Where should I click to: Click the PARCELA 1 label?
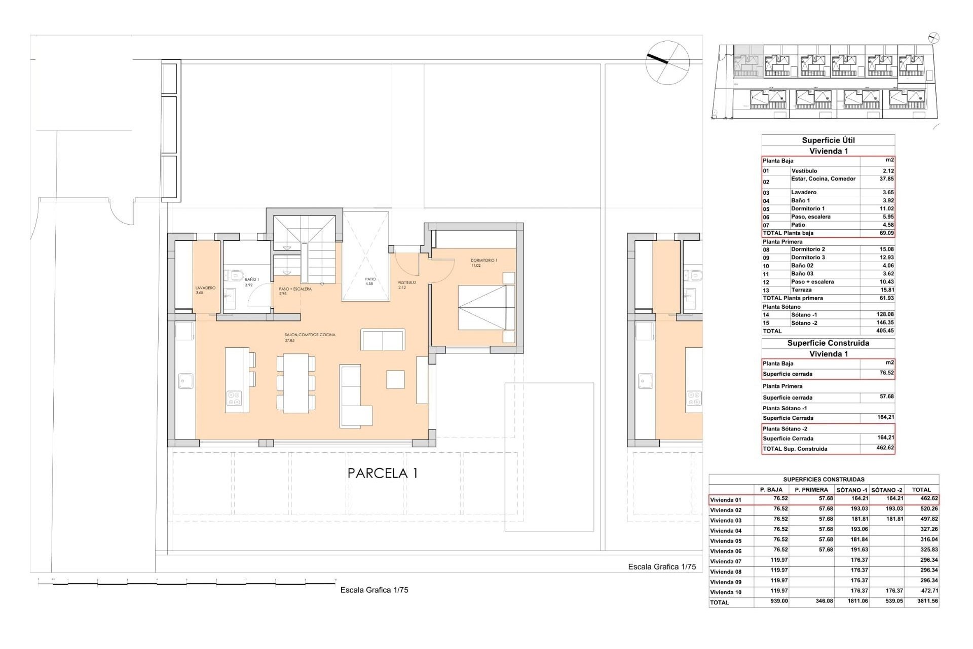383,474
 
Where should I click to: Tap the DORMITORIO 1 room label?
483,261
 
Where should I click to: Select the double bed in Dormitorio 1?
485,308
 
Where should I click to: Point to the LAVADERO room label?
205,288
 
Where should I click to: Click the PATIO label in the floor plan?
370,279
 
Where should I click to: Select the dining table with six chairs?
295,383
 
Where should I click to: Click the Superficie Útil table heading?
828,140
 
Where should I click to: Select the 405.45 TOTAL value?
884,331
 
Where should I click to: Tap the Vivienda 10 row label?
725,592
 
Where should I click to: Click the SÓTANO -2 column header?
887,490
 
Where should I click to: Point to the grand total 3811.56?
925,601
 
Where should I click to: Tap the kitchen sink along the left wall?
185,381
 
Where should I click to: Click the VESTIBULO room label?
406,282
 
